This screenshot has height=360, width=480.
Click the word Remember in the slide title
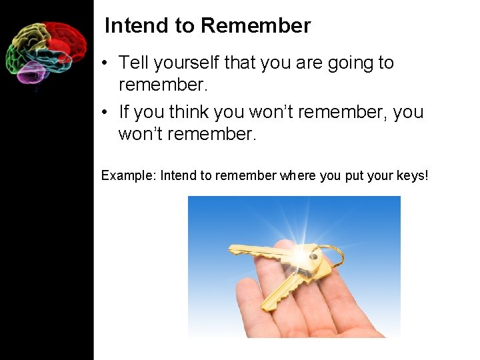(255, 26)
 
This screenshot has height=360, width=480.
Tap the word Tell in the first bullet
(133, 63)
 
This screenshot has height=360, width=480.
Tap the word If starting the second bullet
(123, 111)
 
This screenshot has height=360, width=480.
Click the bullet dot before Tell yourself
(105, 64)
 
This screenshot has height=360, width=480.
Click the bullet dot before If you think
(105, 113)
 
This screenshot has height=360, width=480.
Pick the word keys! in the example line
(413, 176)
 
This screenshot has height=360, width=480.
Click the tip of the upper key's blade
(231, 251)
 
